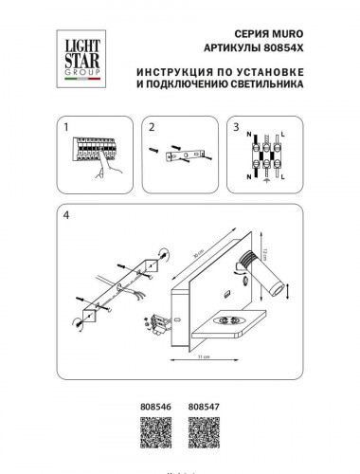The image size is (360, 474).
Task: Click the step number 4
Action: (64, 213)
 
